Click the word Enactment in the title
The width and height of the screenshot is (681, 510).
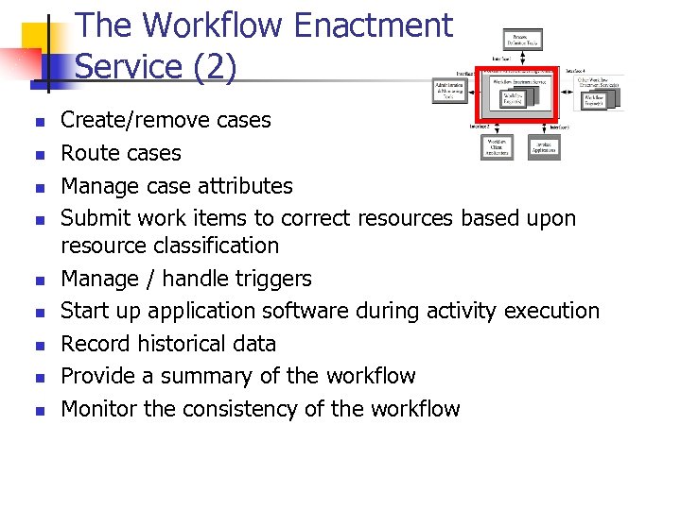[x=374, y=25]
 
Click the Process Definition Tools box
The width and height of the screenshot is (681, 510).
[x=522, y=40]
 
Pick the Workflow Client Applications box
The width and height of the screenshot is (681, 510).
[x=497, y=147]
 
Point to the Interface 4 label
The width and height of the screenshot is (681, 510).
[x=576, y=71]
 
